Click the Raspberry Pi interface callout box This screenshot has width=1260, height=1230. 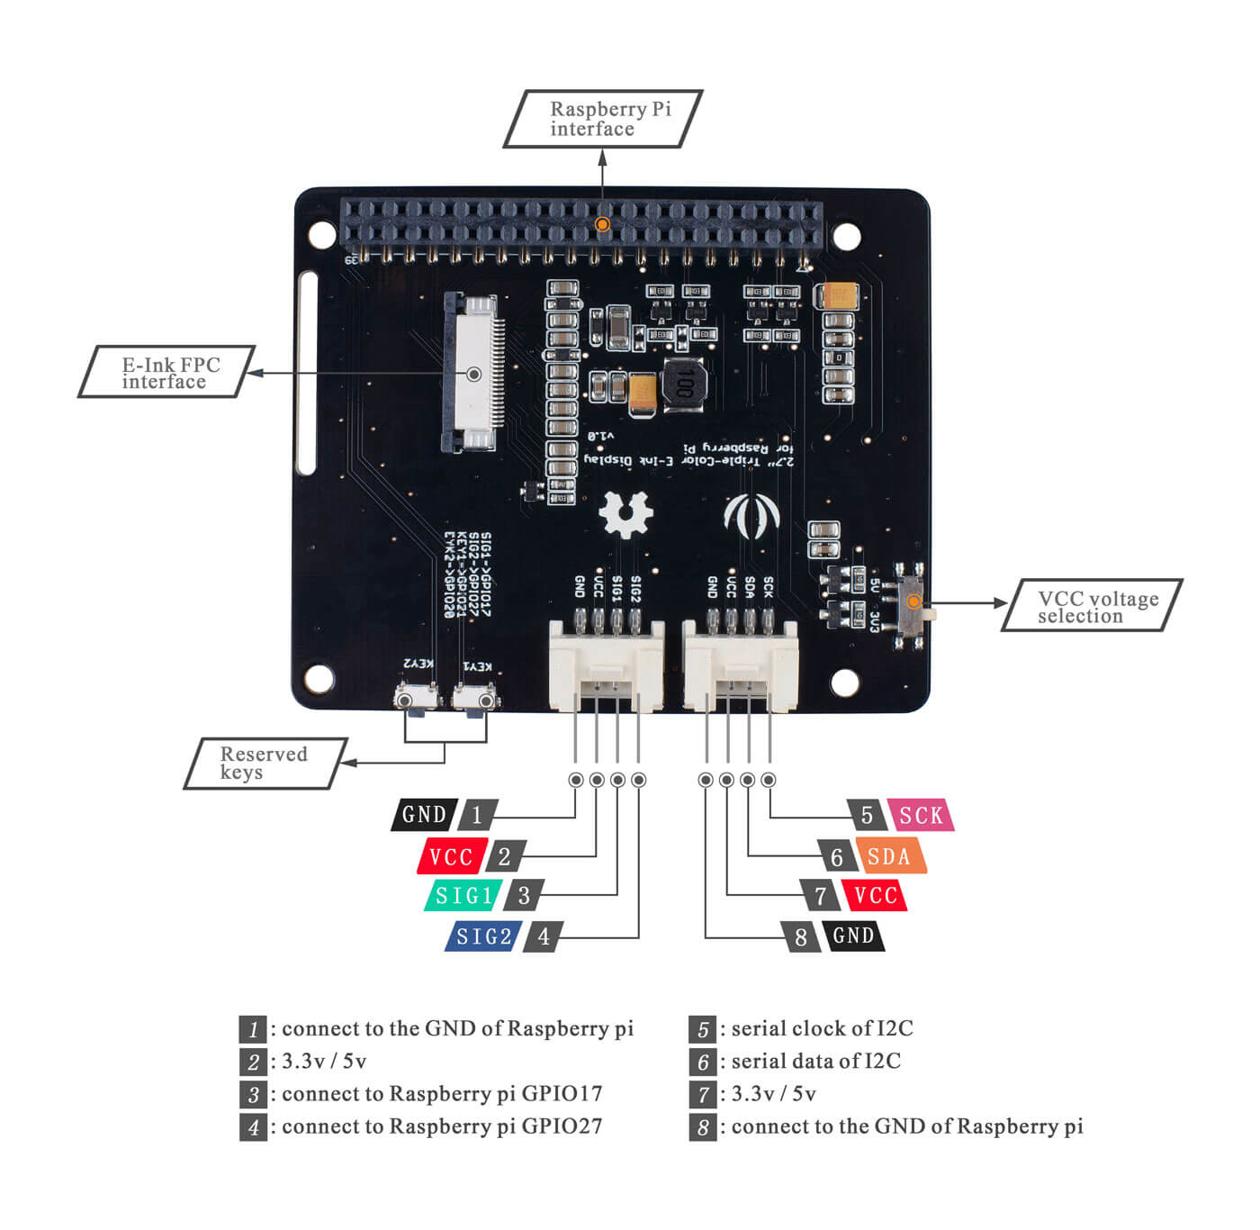pyautogui.click(x=603, y=119)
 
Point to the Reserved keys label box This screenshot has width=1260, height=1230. pyautogui.click(x=265, y=764)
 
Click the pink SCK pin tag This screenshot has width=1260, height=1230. pyautogui.click(x=921, y=816)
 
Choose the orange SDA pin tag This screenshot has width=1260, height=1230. pyautogui.click(x=889, y=856)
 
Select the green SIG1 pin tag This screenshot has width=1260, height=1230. pyautogui.click(x=464, y=895)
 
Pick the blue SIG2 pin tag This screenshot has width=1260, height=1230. pyautogui.click(x=484, y=936)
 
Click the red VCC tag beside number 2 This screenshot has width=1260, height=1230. pyautogui.click(x=452, y=856)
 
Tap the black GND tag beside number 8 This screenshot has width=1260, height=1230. pyautogui.click(x=853, y=936)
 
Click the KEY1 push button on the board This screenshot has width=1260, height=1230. pyautogui.click(x=474, y=700)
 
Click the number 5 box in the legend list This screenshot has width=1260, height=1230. pyautogui.click(x=702, y=1029)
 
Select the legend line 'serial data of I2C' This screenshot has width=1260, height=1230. pyautogui.click(x=815, y=1062)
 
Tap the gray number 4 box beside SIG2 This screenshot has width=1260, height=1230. pyautogui.click(x=544, y=936)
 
